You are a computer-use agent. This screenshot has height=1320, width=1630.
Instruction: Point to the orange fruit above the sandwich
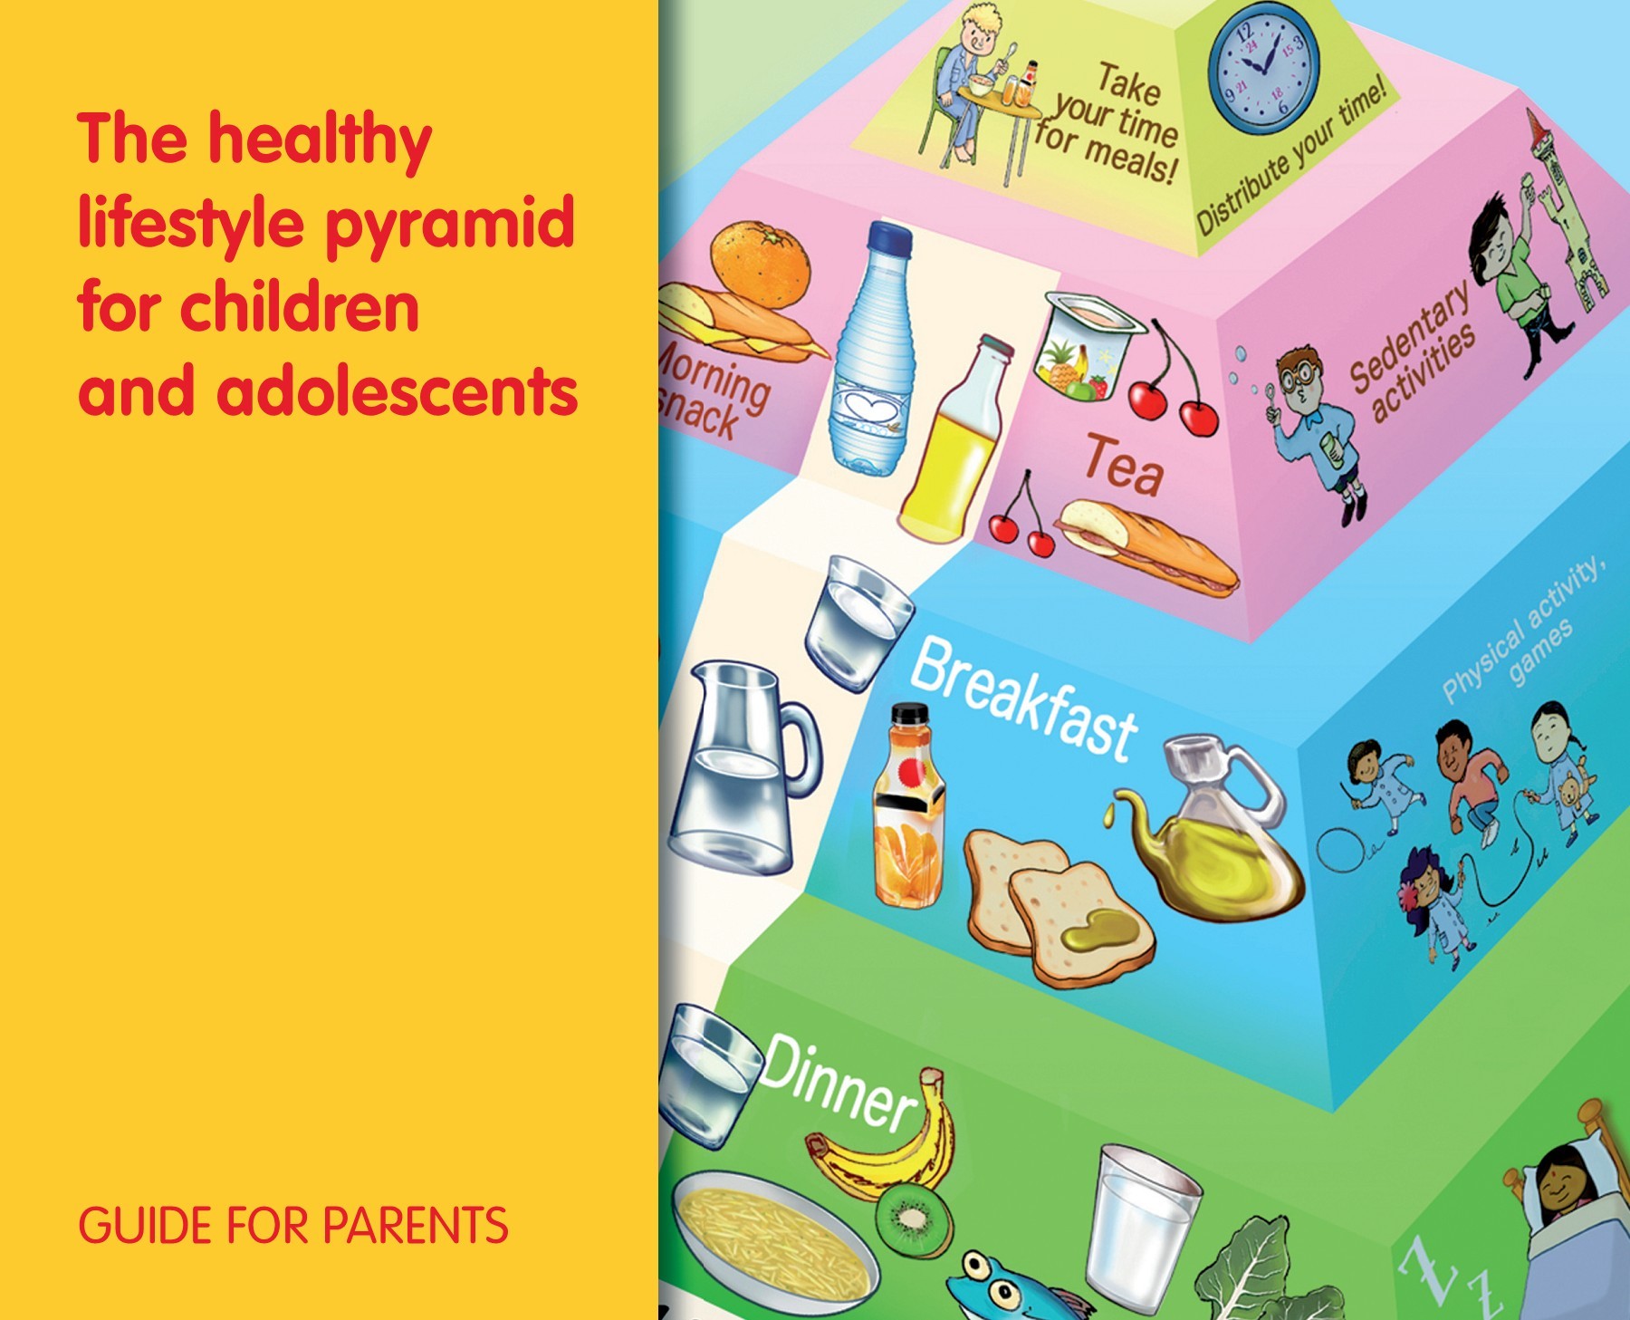tap(760, 263)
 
